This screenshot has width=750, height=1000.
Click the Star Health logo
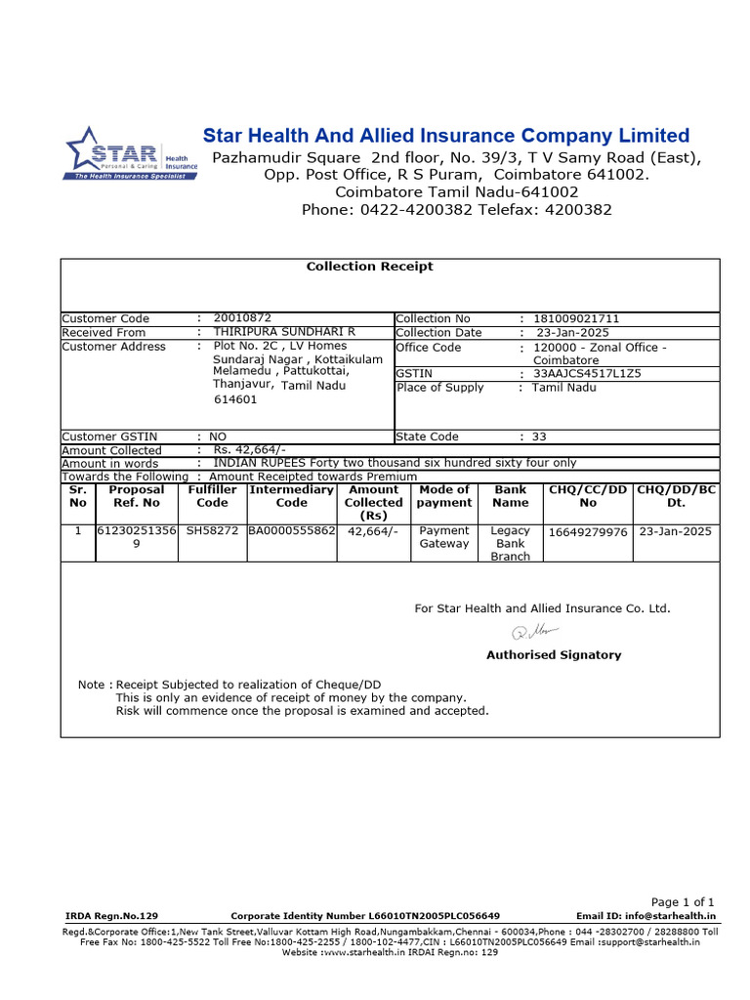point(131,153)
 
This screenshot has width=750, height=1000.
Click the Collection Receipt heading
point(369,267)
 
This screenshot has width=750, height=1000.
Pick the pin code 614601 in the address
point(235,399)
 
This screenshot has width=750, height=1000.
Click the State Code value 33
point(540,437)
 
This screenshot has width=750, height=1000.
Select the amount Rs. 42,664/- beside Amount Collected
point(249,449)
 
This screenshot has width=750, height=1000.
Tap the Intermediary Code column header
point(291,496)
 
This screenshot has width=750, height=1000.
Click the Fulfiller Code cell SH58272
point(212,531)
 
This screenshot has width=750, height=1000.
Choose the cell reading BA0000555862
point(291,531)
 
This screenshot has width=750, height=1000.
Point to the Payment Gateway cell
point(443,537)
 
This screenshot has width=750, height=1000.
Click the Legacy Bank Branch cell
point(510,544)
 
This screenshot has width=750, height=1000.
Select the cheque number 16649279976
point(587,532)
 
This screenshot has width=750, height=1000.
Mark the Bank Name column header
point(510,496)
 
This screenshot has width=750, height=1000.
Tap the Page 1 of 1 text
point(683,901)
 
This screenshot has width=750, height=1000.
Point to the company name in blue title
point(445,136)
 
